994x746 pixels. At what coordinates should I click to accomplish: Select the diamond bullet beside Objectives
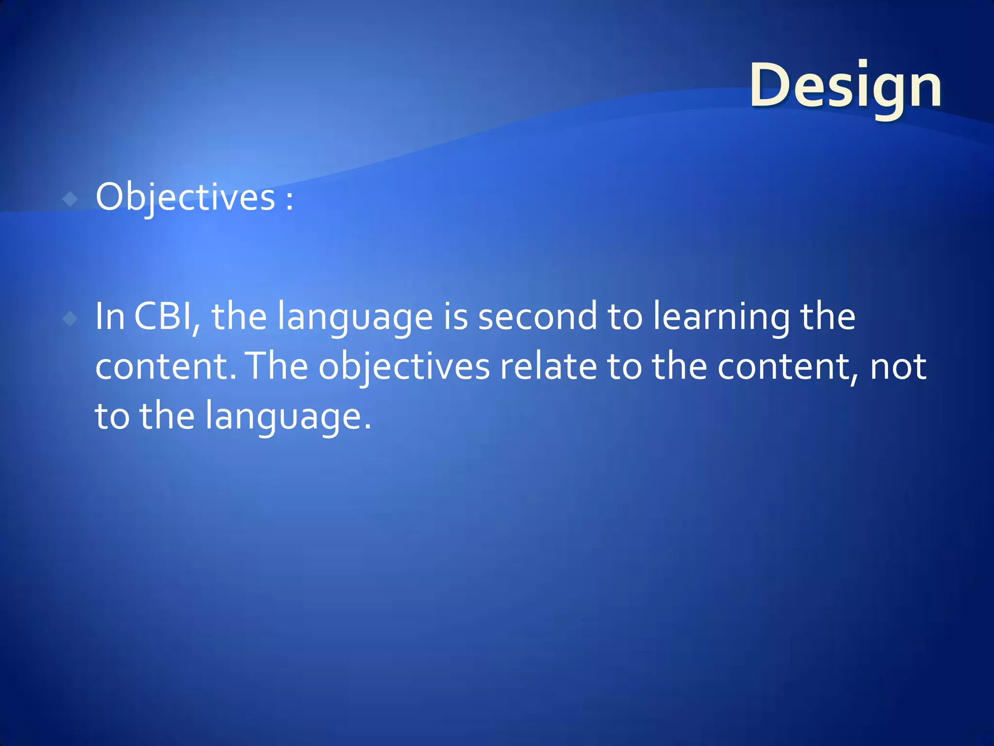70,199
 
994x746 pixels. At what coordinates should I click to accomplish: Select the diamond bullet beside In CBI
70,319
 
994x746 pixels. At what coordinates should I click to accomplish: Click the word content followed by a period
163,367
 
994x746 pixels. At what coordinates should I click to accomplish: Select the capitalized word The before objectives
277,367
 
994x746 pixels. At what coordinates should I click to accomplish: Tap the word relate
548,367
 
